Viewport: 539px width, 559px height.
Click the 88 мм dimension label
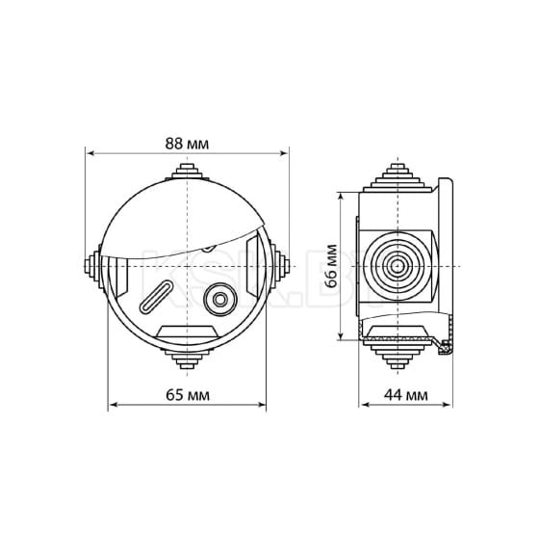point(188,143)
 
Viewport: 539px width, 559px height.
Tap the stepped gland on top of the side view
point(394,174)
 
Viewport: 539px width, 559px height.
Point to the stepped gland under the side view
point(394,356)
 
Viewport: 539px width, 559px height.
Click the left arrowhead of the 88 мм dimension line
point(90,152)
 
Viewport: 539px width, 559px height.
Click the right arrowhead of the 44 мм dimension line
point(451,406)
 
